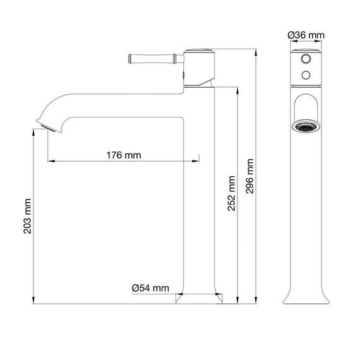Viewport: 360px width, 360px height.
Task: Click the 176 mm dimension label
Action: coord(124,155)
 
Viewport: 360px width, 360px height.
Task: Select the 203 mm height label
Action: coord(27,215)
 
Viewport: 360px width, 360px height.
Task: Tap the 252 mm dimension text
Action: coord(232,193)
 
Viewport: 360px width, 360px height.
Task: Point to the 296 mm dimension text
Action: coord(250,176)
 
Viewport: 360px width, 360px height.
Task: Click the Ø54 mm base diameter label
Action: coord(150,288)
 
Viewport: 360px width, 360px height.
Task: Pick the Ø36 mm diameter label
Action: coord(306,35)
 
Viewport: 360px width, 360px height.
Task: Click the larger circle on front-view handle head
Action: coord(306,59)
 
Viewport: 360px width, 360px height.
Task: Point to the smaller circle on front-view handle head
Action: coord(306,75)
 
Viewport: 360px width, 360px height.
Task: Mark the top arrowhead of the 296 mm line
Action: coord(256,51)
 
